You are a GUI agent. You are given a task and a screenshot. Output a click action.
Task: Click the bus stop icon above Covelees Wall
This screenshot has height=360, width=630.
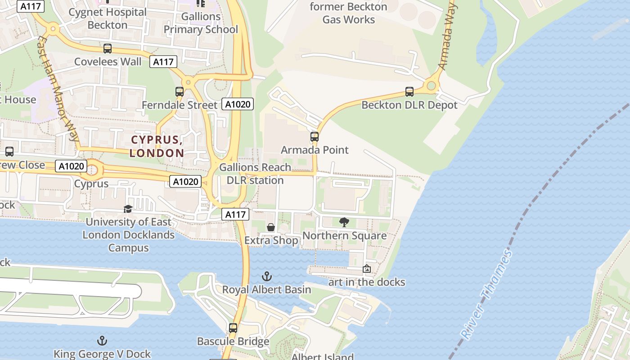coord(107,48)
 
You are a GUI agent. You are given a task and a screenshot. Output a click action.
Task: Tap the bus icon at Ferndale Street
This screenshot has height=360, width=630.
coord(179,92)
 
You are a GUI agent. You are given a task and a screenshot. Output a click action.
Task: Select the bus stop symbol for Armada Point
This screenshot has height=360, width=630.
coord(315,136)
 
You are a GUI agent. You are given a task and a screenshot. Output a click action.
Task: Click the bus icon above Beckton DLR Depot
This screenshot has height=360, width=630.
coord(409,92)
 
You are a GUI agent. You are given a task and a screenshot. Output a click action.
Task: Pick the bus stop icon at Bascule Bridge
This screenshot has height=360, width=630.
coord(233,328)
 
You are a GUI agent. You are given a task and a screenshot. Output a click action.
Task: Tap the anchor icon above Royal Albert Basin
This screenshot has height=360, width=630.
coord(267,276)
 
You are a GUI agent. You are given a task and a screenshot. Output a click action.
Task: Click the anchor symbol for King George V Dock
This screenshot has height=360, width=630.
coord(102,341)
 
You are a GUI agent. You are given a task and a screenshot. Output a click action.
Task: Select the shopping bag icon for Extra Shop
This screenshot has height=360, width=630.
coord(271,227)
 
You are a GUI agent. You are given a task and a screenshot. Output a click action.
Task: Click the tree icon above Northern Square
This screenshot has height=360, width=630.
coord(344,222)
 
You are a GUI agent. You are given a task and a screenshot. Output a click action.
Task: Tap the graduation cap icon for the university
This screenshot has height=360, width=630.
coord(128,209)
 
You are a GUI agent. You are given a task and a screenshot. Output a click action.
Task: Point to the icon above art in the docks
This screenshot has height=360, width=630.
coord(367,269)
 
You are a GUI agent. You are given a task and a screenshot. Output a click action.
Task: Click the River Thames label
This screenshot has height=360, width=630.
coord(487,295)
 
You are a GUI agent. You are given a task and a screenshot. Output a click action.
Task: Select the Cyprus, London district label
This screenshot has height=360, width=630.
coord(157,146)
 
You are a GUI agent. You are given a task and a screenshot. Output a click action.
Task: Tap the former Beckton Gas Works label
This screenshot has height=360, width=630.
coord(348,13)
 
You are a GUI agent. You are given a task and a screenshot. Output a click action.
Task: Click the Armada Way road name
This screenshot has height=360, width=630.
coord(448,36)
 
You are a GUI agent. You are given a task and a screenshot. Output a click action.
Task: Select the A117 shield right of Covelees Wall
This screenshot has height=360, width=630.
coord(163,62)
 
